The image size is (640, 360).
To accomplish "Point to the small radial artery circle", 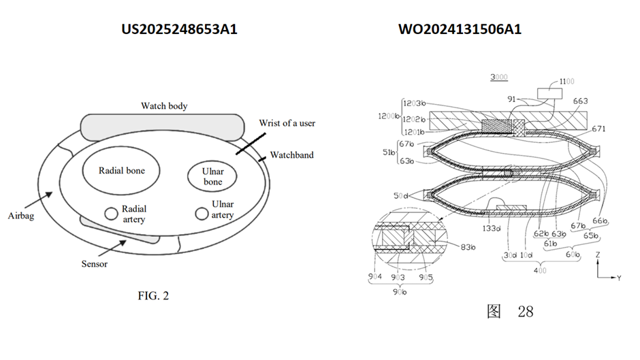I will click(110, 214).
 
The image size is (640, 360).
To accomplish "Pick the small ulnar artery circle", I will click(202, 214).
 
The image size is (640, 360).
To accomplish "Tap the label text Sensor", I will click(94, 263).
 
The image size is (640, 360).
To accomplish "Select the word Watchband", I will click(291, 155).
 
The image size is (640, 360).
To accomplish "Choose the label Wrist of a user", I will click(287, 123).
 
